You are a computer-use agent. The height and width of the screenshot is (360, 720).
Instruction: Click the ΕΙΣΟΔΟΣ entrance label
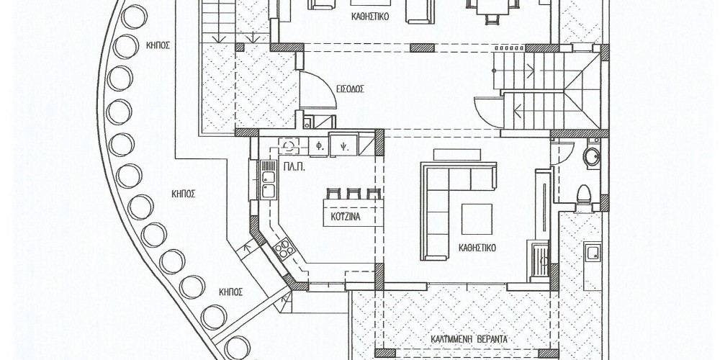click(x=349, y=89)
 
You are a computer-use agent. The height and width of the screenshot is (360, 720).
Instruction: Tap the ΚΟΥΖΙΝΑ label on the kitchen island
click(x=346, y=217)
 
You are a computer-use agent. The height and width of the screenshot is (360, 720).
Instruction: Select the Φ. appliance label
click(x=318, y=148)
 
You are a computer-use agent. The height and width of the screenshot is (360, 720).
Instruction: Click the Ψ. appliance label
click(x=343, y=148)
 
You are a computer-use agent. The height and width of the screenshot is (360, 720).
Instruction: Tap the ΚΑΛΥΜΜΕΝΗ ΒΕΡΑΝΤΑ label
click(x=469, y=339)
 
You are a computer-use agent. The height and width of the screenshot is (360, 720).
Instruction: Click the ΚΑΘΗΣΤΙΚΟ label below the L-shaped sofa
click(x=477, y=248)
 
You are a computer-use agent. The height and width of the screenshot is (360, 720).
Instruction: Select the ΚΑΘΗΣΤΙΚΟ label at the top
click(x=370, y=17)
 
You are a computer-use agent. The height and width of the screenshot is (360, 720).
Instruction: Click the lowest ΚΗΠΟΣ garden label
click(x=230, y=292)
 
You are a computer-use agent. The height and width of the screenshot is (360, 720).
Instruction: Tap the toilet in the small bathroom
click(x=584, y=194)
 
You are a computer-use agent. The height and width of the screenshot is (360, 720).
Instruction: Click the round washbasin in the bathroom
click(x=591, y=156)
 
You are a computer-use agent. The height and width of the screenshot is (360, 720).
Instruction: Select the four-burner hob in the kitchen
click(x=284, y=248)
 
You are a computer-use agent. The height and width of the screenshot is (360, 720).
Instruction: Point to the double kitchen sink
click(x=268, y=179)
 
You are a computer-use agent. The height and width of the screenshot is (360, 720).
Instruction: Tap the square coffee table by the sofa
click(x=477, y=219)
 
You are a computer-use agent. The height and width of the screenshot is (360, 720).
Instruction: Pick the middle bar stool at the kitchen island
click(x=353, y=193)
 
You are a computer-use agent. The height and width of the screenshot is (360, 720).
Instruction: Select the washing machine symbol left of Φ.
click(x=289, y=146)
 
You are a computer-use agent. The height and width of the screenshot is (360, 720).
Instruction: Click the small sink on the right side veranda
click(x=593, y=253)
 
